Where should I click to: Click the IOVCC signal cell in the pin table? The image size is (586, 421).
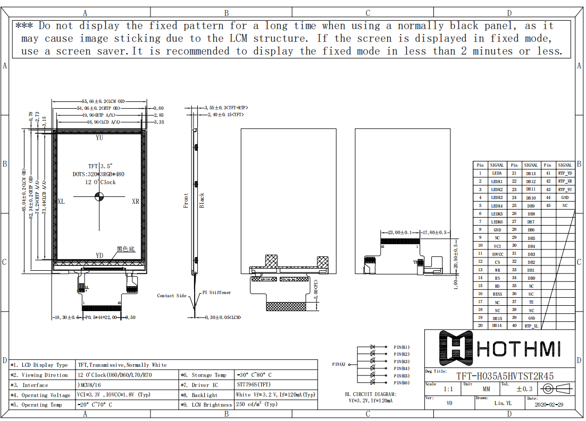[497, 254]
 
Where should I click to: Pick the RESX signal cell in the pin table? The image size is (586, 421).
[497, 294]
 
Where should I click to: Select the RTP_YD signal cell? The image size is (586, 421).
[565, 173]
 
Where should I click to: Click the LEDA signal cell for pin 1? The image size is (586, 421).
[497, 173]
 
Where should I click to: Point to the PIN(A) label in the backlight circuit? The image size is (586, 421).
[339, 364]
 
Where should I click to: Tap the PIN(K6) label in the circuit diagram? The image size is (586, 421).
[401, 383]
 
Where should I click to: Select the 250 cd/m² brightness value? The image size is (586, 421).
[257, 405]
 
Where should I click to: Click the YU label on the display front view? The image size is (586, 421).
[99, 138]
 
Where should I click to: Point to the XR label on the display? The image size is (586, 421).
[136, 202]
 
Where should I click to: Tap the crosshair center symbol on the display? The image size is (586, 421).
[99, 197]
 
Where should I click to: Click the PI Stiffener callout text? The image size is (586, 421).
[216, 293]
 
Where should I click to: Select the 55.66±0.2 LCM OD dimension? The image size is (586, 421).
[103, 101]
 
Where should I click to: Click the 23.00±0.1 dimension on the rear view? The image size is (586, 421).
[400, 233]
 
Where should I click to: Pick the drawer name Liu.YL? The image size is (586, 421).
[503, 403]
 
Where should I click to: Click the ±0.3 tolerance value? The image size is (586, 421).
[524, 389]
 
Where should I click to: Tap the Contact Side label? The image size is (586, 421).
[172, 296]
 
